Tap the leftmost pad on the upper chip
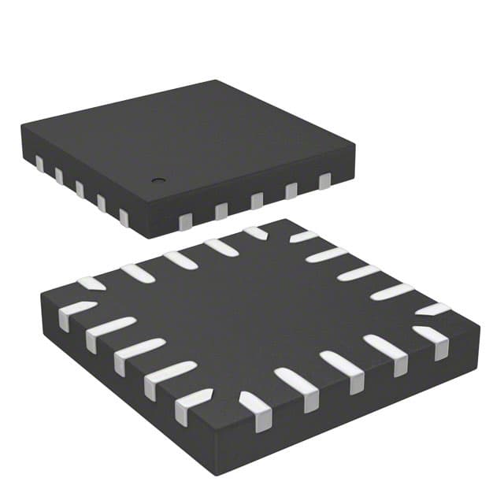click(x=39, y=163)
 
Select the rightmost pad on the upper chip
click(x=324, y=181)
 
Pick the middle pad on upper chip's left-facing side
click(x=80, y=188)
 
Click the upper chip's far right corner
click(x=354, y=145)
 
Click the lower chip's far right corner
click(x=479, y=323)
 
